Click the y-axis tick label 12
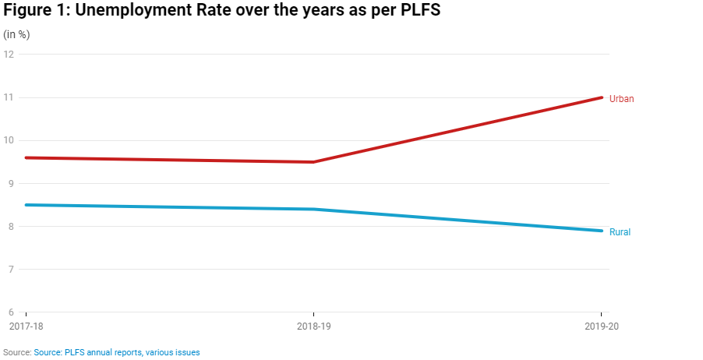[9, 55]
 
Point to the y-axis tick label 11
[9, 97]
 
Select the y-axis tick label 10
[9, 140]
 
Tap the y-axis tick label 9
[12, 184]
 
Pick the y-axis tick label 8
[12, 227]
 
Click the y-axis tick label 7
[12, 270]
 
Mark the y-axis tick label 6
[12, 312]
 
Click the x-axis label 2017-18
[25, 326]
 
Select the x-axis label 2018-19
[313, 326]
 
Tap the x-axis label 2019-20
[602, 326]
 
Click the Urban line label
[621, 99]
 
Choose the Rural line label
[620, 232]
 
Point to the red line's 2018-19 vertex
[313, 162]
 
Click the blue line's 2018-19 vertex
[313, 209]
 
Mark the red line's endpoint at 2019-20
[602, 97]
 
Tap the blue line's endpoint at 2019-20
[602, 231]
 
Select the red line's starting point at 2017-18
[26, 157]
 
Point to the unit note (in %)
[17, 35]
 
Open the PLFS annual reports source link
[117, 353]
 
